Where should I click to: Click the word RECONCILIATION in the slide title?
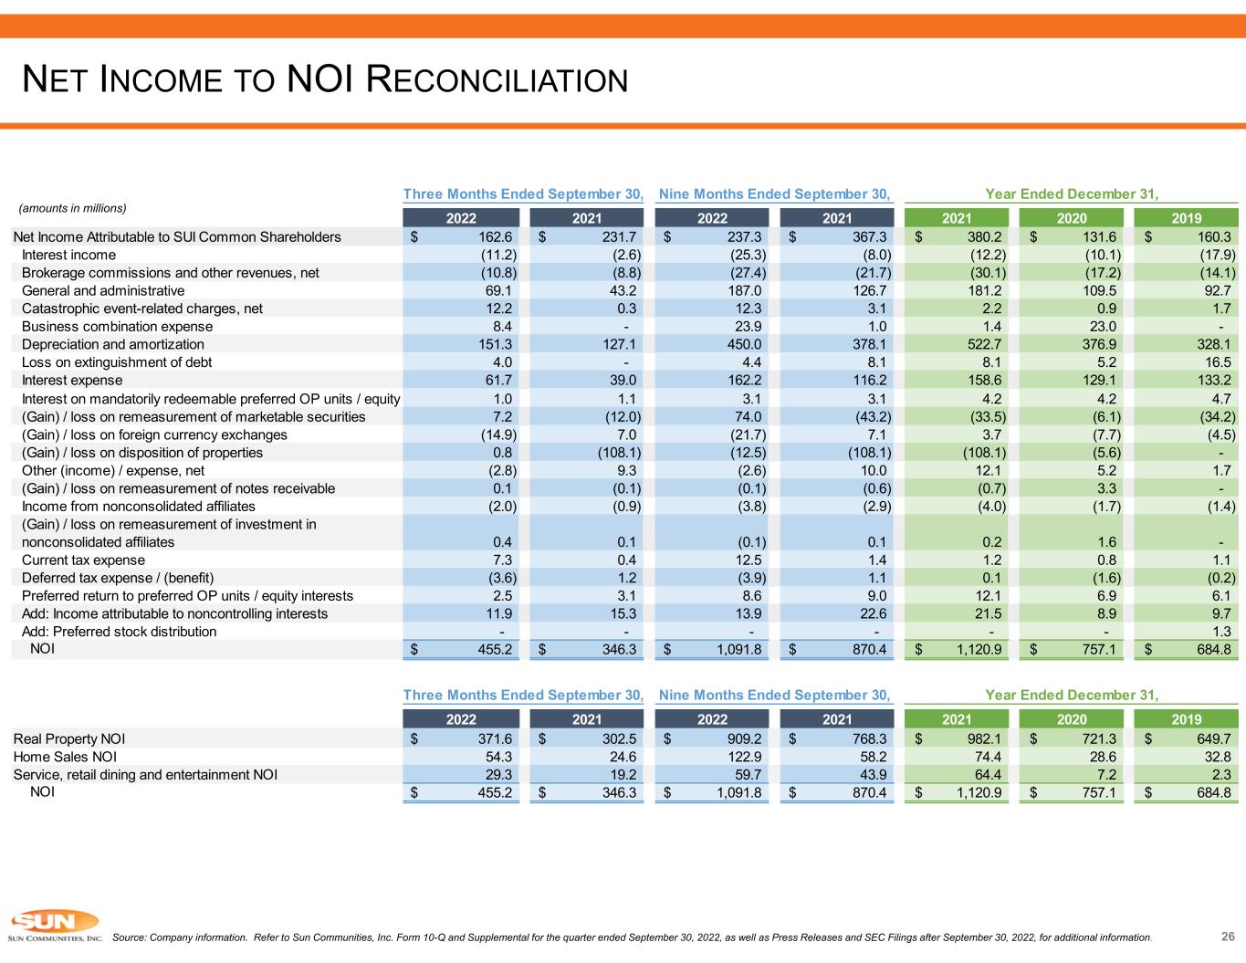497,79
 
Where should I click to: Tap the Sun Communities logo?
55,925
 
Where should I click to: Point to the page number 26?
1228,936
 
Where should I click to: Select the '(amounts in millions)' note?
72,208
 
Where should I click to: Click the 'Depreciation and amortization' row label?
113,344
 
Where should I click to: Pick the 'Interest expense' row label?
72,380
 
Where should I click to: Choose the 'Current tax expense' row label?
83,560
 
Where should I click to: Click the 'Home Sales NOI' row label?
65,757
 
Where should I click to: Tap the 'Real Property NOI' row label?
68,738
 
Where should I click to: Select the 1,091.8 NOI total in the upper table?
739,649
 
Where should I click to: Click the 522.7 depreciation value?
985,344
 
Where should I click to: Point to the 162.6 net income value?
495,236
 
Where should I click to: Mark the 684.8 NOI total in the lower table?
1214,792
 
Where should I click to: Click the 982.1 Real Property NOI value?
985,738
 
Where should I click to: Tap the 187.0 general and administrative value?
745,290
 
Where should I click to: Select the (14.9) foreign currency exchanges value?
498,434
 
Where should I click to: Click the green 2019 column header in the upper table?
1186,218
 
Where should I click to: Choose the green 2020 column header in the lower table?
1071,718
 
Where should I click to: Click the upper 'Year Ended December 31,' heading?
1072,194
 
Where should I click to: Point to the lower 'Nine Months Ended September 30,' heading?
774,695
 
